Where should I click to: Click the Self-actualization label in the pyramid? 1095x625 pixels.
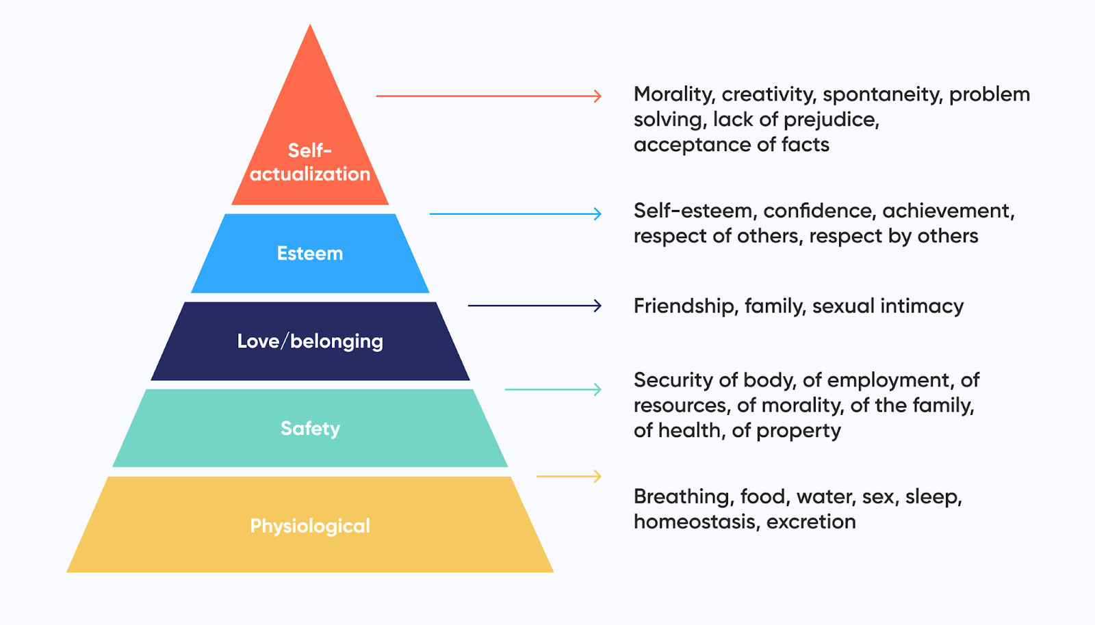tap(310, 162)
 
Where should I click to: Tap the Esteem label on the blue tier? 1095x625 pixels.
tap(310, 254)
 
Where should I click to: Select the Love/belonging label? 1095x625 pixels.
tap(310, 341)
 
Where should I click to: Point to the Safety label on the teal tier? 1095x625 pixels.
tap(310, 429)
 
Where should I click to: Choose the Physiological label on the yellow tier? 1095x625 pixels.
tap(310, 526)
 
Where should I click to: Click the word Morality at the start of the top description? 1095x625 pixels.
tap(673, 94)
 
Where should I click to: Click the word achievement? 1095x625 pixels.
tap(947, 211)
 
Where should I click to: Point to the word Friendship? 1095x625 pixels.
tap(685, 306)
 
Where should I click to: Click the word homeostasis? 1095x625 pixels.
tap(695, 522)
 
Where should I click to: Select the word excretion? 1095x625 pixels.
tap(811, 522)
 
